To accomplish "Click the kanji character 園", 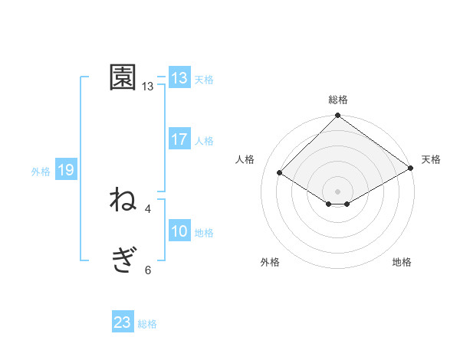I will click(123, 77).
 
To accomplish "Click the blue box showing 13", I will click(179, 78).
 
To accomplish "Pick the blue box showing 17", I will click(179, 139).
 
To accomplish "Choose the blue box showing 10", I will click(179, 231).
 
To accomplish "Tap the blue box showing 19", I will click(65, 170).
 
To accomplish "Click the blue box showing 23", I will click(123, 322).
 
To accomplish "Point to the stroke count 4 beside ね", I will click(148, 208).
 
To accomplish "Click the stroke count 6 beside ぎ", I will click(148, 270).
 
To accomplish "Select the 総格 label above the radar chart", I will click(338, 100).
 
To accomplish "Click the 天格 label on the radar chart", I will click(431, 159).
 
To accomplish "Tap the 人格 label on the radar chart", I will click(245, 159).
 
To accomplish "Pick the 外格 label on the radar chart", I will click(270, 262).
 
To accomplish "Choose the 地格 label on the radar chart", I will click(402, 262).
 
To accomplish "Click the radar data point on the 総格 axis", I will click(338, 116).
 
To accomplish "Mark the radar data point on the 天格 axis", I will click(411, 168).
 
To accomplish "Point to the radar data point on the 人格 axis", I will click(280, 172).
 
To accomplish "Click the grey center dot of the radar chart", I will click(338, 191).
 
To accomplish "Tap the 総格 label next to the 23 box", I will click(147, 324).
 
